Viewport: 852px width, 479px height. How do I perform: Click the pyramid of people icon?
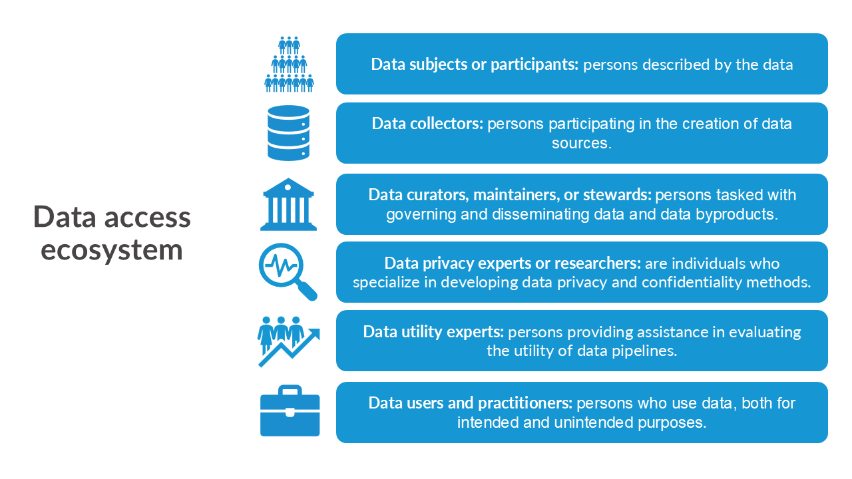pos(289,65)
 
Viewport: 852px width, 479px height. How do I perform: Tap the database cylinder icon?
pos(288,132)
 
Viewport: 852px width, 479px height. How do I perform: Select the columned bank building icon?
pos(288,204)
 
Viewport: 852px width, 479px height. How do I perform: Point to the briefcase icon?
pos(290,410)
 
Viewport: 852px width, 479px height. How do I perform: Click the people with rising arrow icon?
pos(289,341)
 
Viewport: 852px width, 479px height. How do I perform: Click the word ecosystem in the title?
pos(112,251)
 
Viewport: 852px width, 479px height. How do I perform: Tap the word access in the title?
pos(147,217)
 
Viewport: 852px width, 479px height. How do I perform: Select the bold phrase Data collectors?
pos(427,124)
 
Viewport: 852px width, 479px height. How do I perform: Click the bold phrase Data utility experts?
pos(433,332)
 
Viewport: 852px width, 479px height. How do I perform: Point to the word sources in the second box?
pos(579,143)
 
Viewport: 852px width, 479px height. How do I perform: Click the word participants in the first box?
pos(534,65)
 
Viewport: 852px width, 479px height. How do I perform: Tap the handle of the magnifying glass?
pos(306,291)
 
